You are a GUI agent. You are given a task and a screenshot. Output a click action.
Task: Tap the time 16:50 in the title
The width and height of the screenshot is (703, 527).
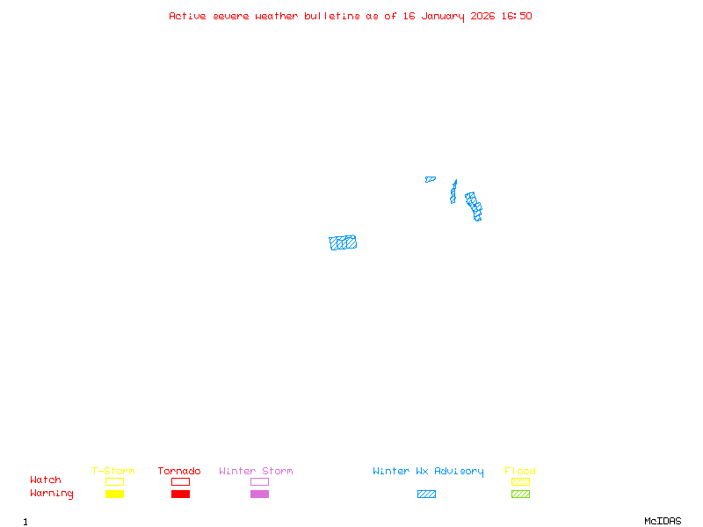coord(516,16)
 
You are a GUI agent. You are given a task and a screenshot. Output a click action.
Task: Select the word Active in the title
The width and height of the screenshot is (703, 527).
coord(188,16)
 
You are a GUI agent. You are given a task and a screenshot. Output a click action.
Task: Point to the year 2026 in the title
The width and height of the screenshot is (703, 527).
coord(481,16)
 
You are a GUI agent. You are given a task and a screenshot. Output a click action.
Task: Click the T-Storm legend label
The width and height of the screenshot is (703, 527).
coord(113,472)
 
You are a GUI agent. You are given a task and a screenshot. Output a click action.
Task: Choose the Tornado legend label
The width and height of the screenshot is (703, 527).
coord(179,472)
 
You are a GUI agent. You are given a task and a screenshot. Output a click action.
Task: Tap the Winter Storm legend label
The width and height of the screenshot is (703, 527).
coord(256,472)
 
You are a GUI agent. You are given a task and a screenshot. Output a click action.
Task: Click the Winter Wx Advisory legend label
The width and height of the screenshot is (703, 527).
coord(428,472)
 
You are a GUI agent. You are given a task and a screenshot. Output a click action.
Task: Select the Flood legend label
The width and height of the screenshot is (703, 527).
coord(520,472)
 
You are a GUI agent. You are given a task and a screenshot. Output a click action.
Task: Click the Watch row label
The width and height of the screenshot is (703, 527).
coord(46,480)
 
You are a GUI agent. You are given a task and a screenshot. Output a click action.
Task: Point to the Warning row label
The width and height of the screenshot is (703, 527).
coord(52,494)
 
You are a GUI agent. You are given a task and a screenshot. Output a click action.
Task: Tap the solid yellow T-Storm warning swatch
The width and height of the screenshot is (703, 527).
coord(114,495)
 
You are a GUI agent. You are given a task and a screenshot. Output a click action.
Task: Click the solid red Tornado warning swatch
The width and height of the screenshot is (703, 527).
coord(180,495)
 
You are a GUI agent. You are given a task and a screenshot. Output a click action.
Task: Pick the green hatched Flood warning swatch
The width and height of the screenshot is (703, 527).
coord(520,495)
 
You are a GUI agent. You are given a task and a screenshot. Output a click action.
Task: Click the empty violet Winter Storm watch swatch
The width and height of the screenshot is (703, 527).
coord(259,481)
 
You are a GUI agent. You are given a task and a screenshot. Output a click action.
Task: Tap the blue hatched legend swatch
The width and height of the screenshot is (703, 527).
coord(426,495)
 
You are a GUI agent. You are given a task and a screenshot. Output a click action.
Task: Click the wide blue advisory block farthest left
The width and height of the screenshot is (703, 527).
coord(343,242)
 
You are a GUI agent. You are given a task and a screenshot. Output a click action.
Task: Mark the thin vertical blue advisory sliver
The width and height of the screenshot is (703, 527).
coord(453,191)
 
